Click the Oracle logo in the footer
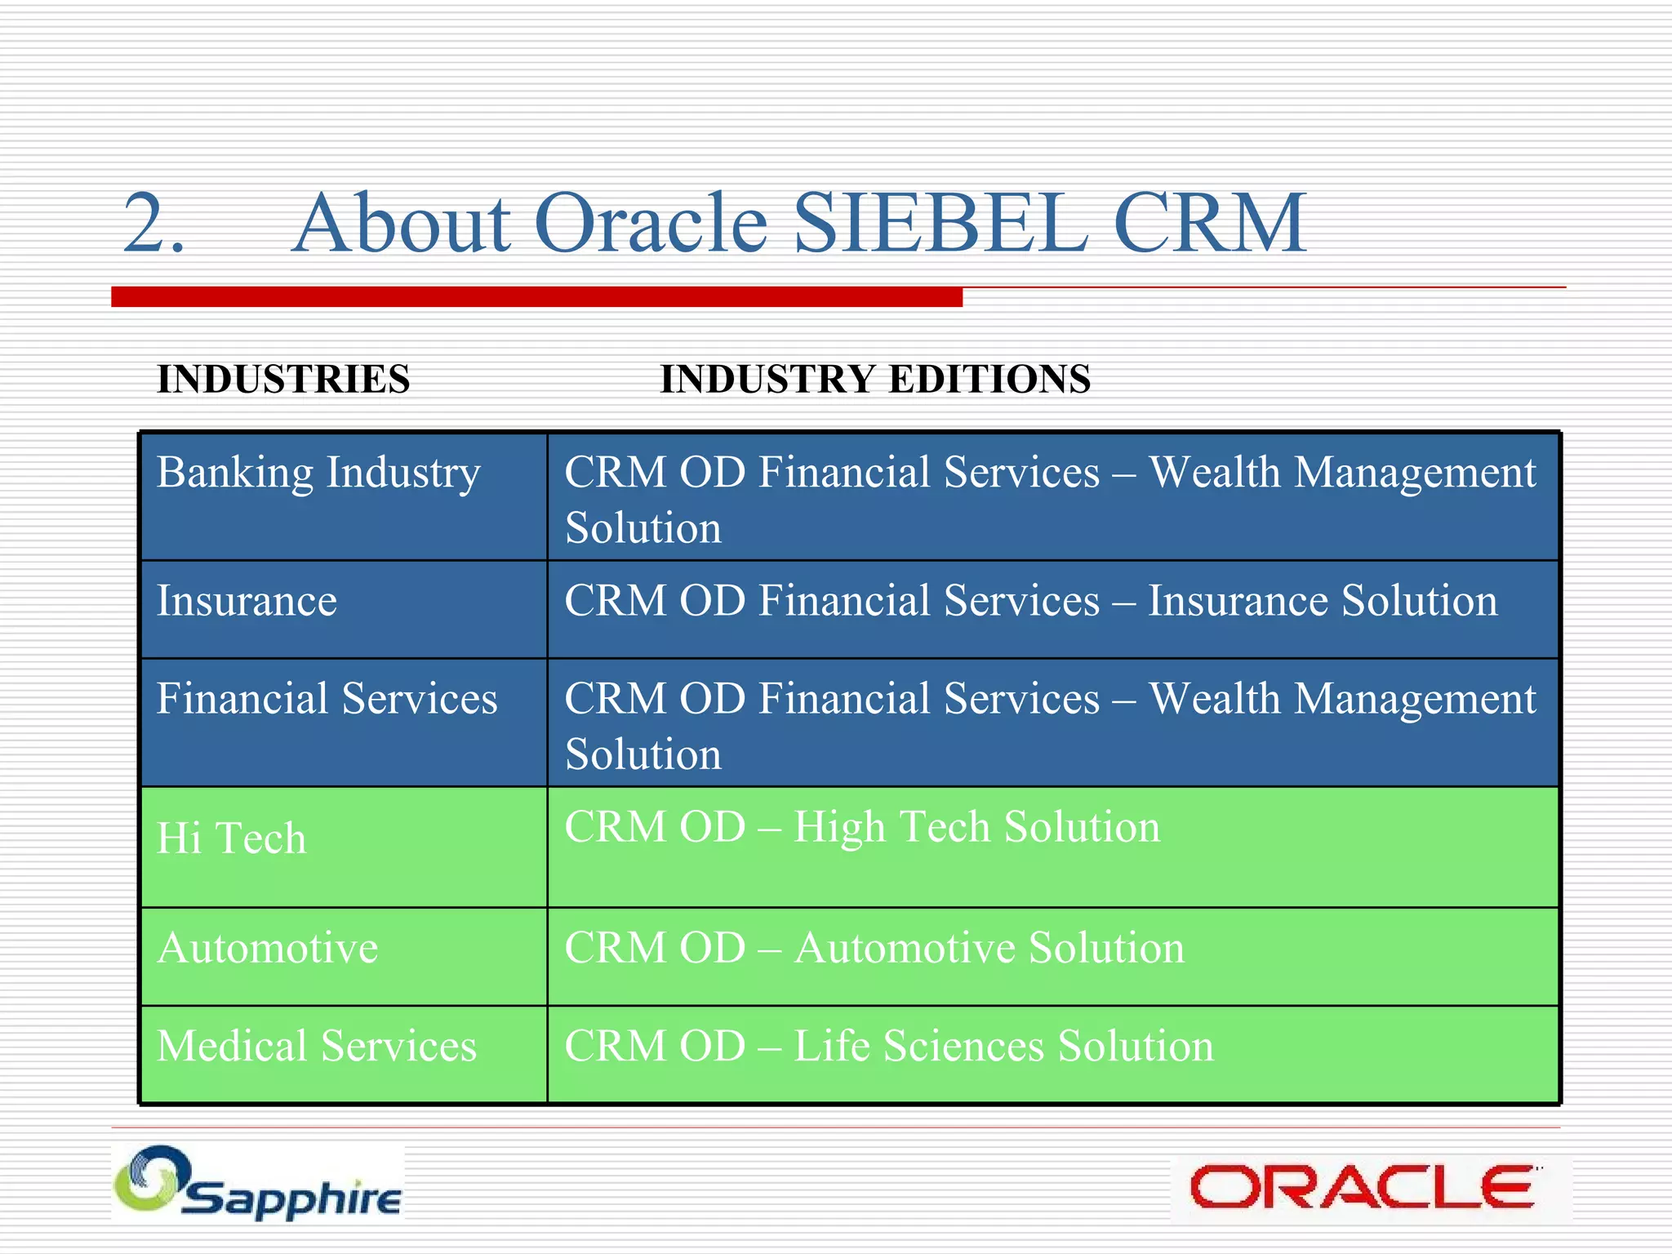(x=1362, y=1187)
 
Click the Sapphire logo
(x=258, y=1184)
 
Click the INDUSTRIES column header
(x=283, y=380)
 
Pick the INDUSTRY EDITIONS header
(x=875, y=380)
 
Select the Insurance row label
(x=247, y=602)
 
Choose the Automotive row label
(x=268, y=949)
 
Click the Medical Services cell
(x=317, y=1047)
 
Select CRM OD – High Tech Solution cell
(x=862, y=828)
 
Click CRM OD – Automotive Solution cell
(x=874, y=949)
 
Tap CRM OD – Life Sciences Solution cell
(x=888, y=1047)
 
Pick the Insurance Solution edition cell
(x=1030, y=602)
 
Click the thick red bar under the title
(x=536, y=297)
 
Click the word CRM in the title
(x=1208, y=224)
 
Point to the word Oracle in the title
(x=651, y=224)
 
